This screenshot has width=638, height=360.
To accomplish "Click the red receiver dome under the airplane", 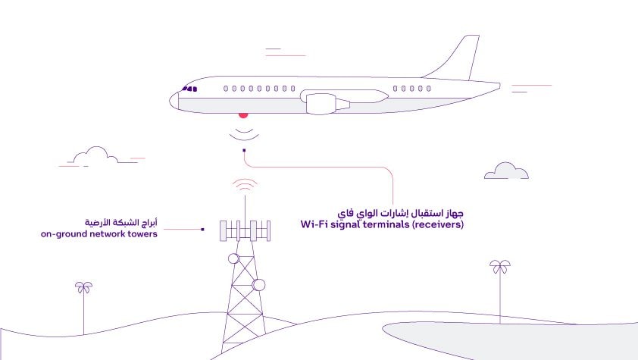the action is point(243,115).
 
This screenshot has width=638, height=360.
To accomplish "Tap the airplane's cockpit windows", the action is point(190,89).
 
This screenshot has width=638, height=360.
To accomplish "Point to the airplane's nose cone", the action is point(174,101).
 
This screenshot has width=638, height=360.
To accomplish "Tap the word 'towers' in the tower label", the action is point(142,234).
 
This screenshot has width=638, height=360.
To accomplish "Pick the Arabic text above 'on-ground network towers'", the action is point(120,223).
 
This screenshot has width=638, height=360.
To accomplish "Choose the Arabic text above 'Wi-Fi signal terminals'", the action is point(400,213).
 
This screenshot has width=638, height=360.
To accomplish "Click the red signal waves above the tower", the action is point(245,184).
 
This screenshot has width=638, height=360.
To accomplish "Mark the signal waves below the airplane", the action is point(244,136).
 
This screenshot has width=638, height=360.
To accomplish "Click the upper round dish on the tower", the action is point(233,258).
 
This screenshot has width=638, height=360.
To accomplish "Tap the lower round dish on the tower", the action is point(259,285).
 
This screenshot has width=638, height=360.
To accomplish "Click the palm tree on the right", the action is point(500,291).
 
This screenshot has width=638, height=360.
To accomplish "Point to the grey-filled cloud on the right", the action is point(506,171).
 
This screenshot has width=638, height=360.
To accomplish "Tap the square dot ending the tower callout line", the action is point(202,230).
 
